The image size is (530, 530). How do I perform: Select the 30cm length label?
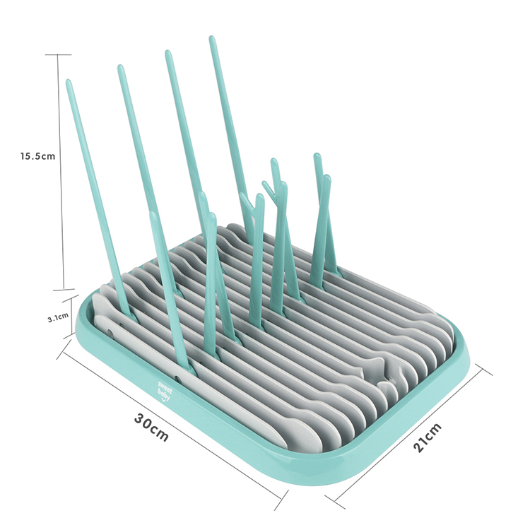(x=151, y=426)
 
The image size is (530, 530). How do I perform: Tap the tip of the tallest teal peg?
(x=211, y=40)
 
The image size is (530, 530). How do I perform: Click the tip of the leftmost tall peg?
(x=69, y=83)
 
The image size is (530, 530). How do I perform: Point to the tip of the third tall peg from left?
(x=168, y=53)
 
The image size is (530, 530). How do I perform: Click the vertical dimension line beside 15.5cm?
(x=64, y=170)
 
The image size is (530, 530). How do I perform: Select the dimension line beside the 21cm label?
(x=410, y=435)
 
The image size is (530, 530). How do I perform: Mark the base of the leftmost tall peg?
(x=128, y=312)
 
